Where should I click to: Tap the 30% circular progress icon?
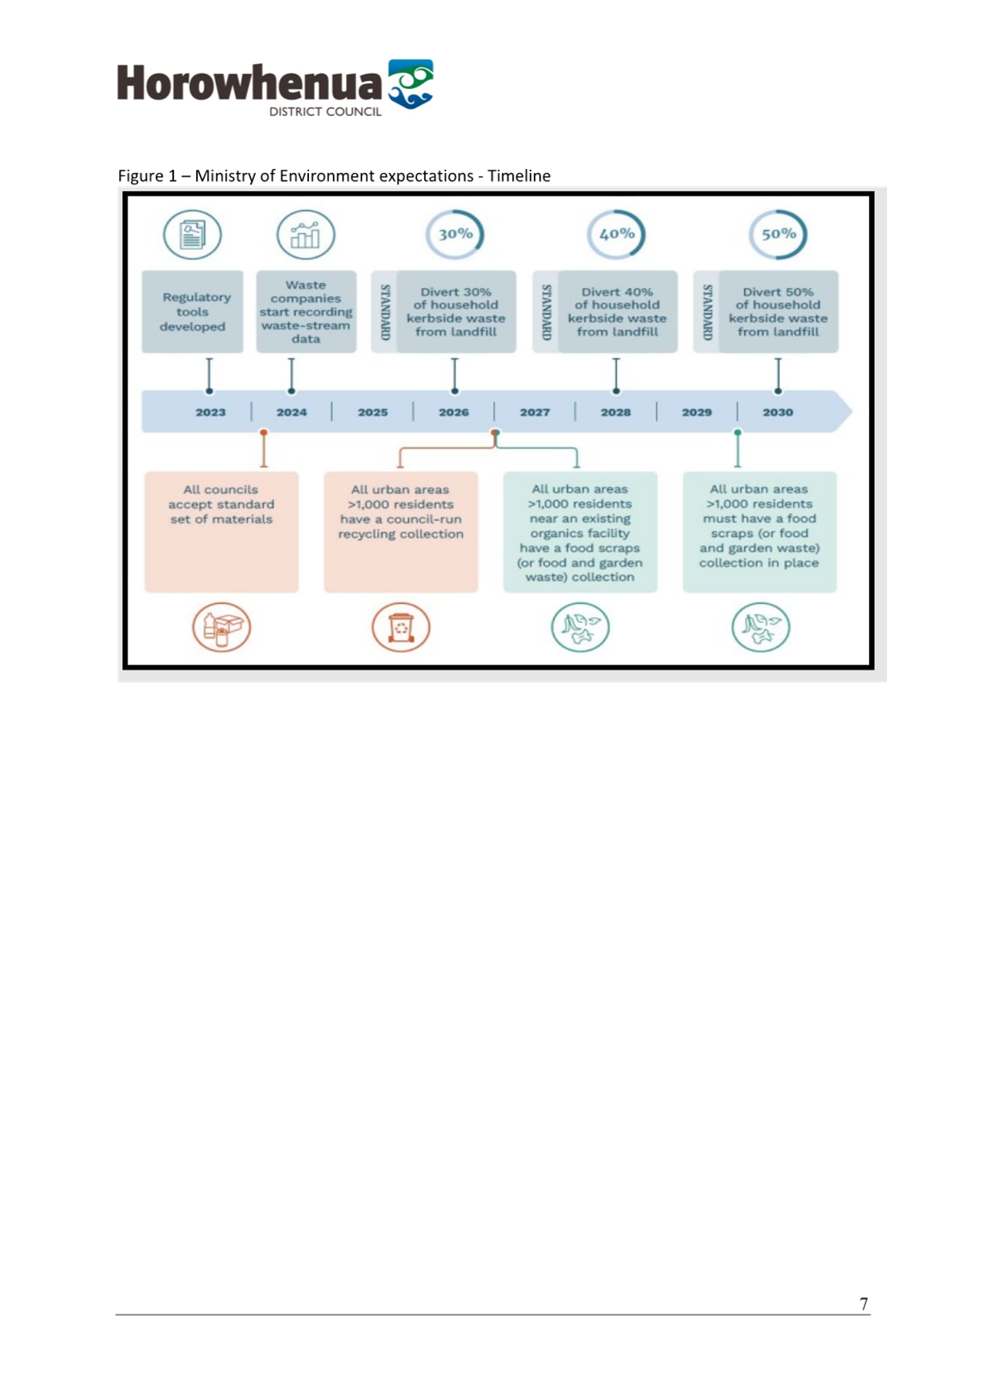pyautogui.click(x=455, y=234)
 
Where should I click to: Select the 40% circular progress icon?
pyautogui.click(x=616, y=234)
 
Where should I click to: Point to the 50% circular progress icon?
pyautogui.click(x=778, y=234)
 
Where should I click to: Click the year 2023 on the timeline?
pyautogui.click(x=210, y=412)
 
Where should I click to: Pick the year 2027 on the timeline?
pyautogui.click(x=535, y=412)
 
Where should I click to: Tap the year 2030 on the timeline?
pyautogui.click(x=778, y=412)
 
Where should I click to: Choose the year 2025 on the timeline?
pyautogui.click(x=372, y=412)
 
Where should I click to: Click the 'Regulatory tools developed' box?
pyautogui.click(x=192, y=312)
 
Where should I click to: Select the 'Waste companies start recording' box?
pyautogui.click(x=306, y=312)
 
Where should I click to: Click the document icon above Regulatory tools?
pyautogui.click(x=192, y=235)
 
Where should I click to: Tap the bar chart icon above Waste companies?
pyautogui.click(x=306, y=235)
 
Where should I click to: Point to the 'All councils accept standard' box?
pyautogui.click(x=222, y=532)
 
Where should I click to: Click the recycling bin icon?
pyautogui.click(x=401, y=627)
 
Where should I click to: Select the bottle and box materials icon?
pyautogui.click(x=222, y=627)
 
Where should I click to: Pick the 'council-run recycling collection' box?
pyautogui.click(x=401, y=532)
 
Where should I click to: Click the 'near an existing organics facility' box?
pyautogui.click(x=580, y=532)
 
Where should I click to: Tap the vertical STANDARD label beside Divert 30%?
pyautogui.click(x=385, y=312)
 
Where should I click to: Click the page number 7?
pyautogui.click(x=864, y=1304)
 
